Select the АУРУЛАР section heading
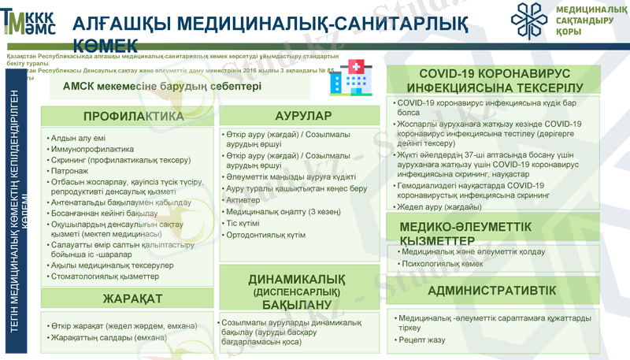298,117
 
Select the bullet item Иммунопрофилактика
92,149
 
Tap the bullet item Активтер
243,201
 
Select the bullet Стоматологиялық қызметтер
103,276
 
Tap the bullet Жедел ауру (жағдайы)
439,207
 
